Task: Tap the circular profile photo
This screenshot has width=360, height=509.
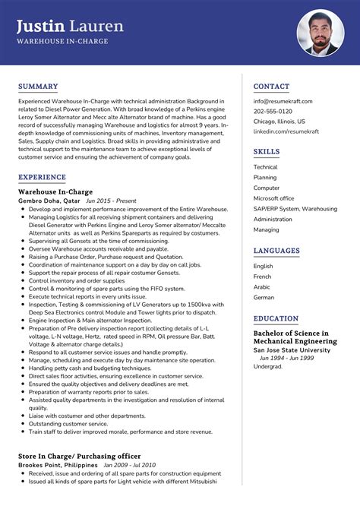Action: (x=321, y=33)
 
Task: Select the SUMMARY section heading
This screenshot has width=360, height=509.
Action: (x=38, y=87)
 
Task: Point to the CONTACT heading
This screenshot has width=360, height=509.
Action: (x=271, y=87)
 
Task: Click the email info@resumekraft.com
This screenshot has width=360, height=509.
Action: (x=286, y=101)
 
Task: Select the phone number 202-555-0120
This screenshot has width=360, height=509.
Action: (x=273, y=111)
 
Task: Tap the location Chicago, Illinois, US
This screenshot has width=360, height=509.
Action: (x=279, y=121)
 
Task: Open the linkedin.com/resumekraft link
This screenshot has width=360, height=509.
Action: (x=286, y=131)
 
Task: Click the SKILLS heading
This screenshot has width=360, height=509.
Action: (x=267, y=152)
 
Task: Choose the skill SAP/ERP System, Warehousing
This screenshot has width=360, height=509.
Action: (x=295, y=208)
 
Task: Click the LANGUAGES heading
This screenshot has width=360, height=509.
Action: (x=276, y=251)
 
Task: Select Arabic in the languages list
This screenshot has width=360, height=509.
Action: (x=262, y=287)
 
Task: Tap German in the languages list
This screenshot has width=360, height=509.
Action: (x=264, y=298)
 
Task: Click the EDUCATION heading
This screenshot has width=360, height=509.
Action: (x=276, y=319)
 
